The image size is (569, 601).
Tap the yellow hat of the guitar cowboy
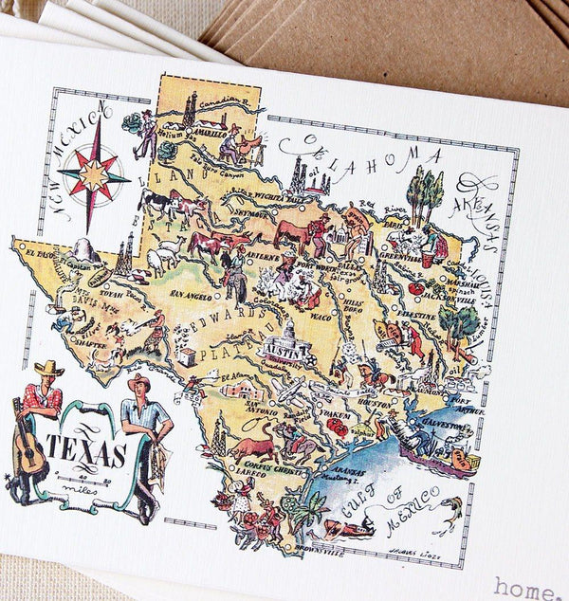pyautogui.click(x=46, y=368)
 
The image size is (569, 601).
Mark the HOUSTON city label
pyautogui.click(x=373, y=402)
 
